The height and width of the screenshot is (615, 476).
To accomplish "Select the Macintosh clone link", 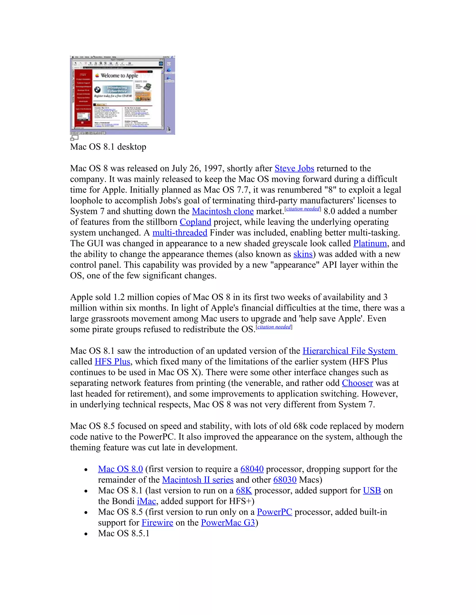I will pyautogui.click(x=223, y=211).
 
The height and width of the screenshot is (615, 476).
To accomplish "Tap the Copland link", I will pyautogui.click(x=195, y=222).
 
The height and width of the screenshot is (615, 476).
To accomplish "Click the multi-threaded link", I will pyautogui.click(x=180, y=233).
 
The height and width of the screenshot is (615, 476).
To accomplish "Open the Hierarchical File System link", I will pyautogui.click(x=350, y=351).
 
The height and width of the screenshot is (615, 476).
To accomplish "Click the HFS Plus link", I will pyautogui.click(x=112, y=362).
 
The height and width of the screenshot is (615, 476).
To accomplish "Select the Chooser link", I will pyautogui.click(x=357, y=383).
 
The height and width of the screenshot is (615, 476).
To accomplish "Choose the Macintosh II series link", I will pyautogui.click(x=198, y=480).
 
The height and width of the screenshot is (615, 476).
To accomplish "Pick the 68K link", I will pyautogui.click(x=244, y=491).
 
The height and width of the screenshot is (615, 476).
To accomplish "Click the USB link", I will pyautogui.click(x=372, y=491).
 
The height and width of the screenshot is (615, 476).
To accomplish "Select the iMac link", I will pyautogui.click(x=146, y=501).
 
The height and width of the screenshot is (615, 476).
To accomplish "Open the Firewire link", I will pyautogui.click(x=157, y=523).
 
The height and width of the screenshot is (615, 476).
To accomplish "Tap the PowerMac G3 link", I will pyautogui.click(x=228, y=523).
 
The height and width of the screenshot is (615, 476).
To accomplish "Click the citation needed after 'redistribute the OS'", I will pyautogui.click(x=274, y=327).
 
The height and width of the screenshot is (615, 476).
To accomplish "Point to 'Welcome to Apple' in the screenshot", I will pyautogui.click(x=119, y=75).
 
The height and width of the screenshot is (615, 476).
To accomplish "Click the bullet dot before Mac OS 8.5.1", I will pyautogui.click(x=86, y=534).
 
